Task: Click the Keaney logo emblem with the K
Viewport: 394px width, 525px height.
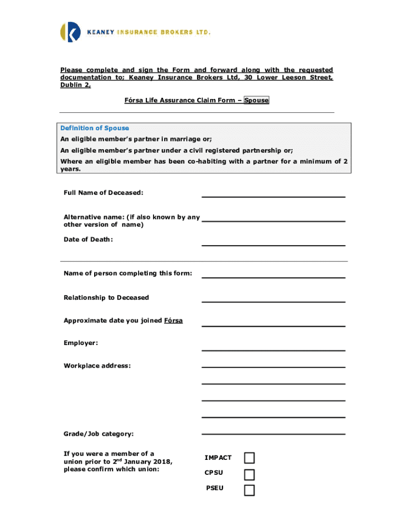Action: click(x=71, y=32)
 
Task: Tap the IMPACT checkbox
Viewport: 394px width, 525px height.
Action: click(x=249, y=458)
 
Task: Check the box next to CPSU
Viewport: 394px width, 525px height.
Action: click(x=249, y=474)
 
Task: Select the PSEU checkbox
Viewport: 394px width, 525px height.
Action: click(x=249, y=490)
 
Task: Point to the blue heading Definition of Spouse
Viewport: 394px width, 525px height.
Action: click(x=95, y=128)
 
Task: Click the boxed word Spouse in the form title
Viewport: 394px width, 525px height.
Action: click(x=256, y=100)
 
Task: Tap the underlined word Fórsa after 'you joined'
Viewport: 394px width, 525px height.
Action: click(x=173, y=321)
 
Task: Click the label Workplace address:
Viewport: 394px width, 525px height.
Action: click(x=97, y=366)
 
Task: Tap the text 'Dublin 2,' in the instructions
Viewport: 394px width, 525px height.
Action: click(x=76, y=86)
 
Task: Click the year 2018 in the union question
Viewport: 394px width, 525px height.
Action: click(x=163, y=462)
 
